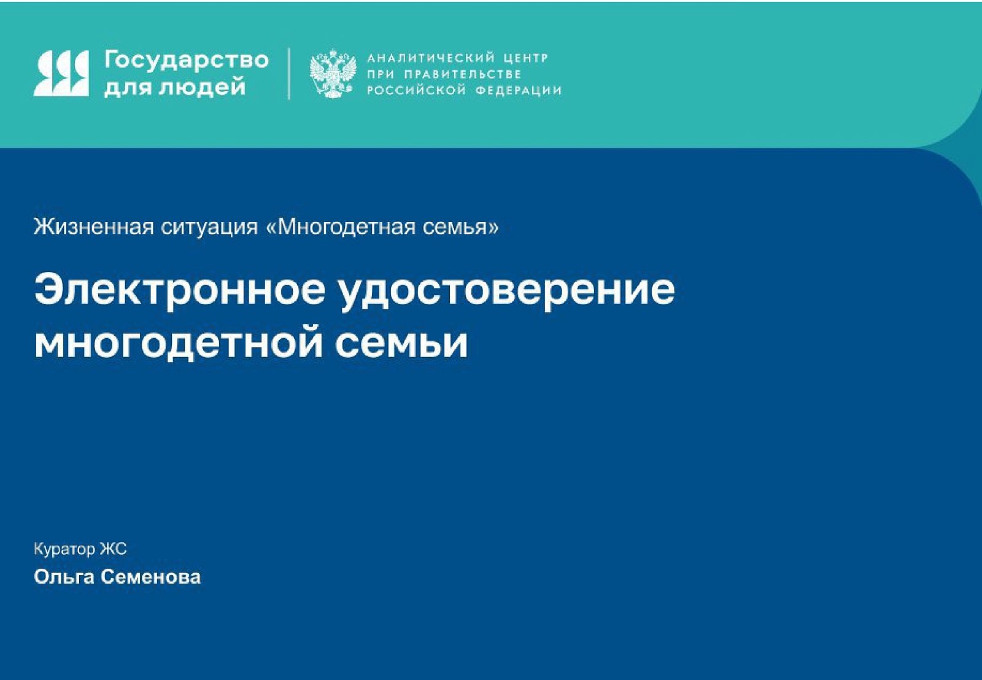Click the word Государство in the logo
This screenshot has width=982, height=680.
pos(187,60)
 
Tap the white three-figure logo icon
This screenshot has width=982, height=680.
pos(61,73)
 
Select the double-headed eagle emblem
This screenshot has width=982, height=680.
pos(333,74)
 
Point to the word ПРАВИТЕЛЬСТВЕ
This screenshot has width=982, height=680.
pos(463,74)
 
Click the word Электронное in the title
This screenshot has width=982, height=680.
pos(180,289)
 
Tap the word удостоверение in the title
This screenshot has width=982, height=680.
pos(507,293)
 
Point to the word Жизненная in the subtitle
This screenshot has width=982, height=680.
pos(94,226)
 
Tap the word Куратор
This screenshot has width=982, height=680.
pos(64,549)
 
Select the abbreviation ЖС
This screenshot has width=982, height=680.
pos(113,549)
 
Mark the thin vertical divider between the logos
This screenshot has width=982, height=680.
pos(289,74)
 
